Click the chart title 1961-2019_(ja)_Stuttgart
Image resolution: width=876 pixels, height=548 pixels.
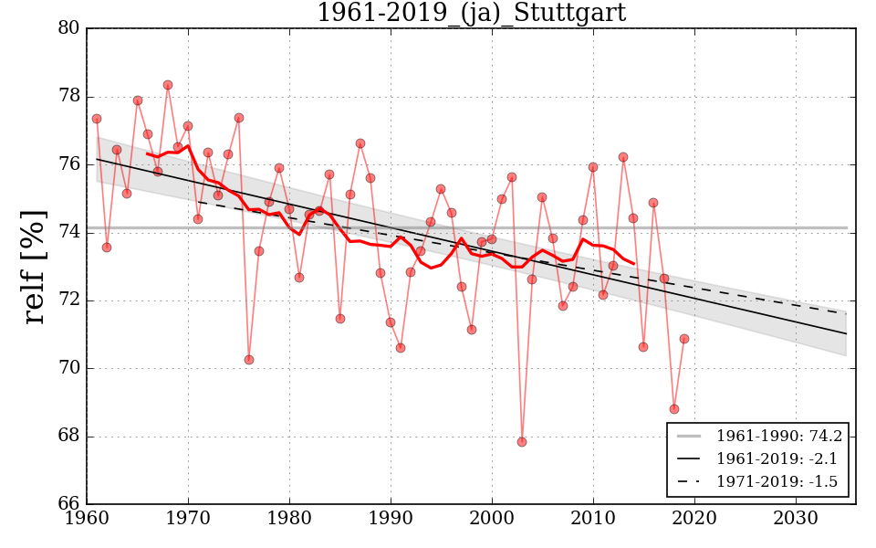tap(471, 14)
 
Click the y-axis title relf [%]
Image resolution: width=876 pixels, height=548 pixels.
tap(35, 267)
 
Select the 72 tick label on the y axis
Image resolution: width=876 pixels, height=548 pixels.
tap(69, 300)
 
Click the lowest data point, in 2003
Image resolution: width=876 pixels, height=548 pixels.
tap(522, 442)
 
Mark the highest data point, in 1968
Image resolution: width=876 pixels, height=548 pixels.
tap(168, 85)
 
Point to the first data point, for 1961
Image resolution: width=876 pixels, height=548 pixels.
tap(97, 119)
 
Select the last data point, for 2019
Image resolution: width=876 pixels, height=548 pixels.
tap(684, 339)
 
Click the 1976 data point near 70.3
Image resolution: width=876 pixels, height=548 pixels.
tap(249, 360)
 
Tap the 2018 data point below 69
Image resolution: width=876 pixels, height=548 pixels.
tap(674, 409)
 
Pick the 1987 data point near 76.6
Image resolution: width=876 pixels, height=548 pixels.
tap(360, 143)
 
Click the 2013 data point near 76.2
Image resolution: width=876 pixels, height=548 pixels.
tap(623, 157)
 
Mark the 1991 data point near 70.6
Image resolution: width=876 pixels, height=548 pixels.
tap(401, 348)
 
